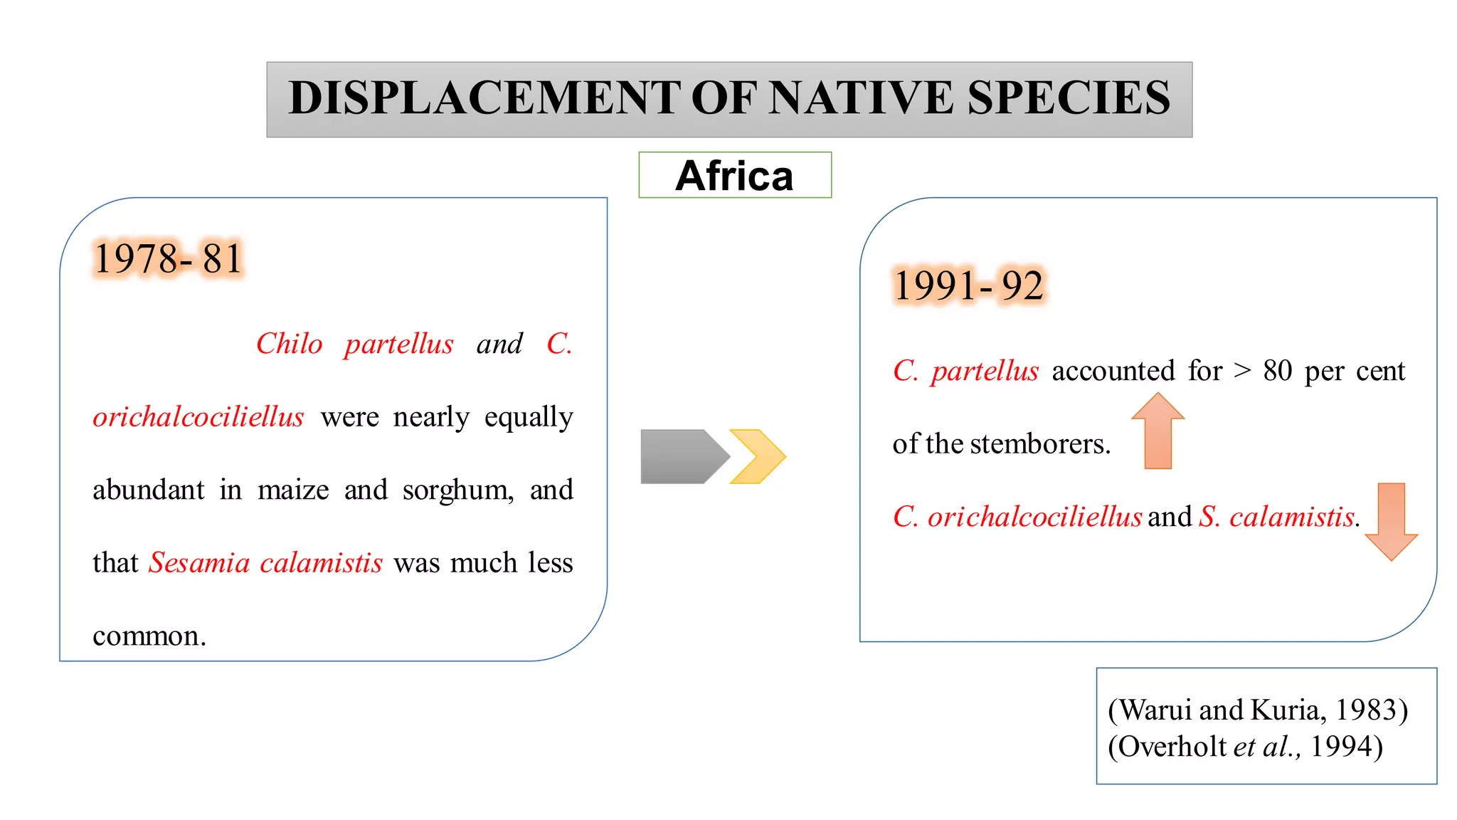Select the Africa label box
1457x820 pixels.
pyautogui.click(x=735, y=175)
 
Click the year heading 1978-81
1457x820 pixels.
pyautogui.click(x=169, y=258)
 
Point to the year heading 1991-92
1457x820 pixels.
pyautogui.click(x=968, y=285)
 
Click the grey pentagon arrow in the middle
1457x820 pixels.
pyautogui.click(x=682, y=456)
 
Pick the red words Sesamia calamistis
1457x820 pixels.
pyautogui.click(x=265, y=563)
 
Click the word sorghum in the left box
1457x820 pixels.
pyautogui.click(x=457, y=490)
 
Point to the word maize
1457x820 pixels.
pyautogui.click(x=293, y=490)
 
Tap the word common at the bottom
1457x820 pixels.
pyautogui.click(x=149, y=636)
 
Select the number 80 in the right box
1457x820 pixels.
pyautogui.click(x=1277, y=371)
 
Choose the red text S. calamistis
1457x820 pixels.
pyautogui.click(x=1278, y=517)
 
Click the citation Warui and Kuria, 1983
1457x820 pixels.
pyautogui.click(x=1257, y=710)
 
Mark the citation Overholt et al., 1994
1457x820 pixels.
pyautogui.click(x=1245, y=747)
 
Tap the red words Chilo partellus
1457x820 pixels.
pyautogui.click(x=354, y=345)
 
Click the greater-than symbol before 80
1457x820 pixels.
pyautogui.click(x=1242, y=371)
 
